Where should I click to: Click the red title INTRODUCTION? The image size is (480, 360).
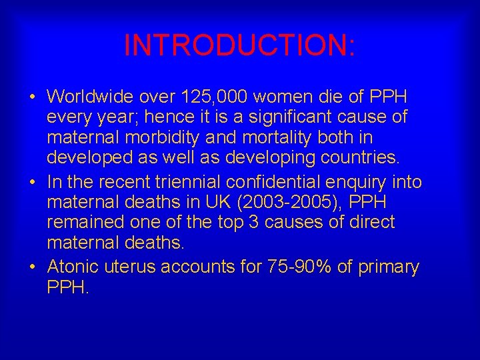(x=239, y=46)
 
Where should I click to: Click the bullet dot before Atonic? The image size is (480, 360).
(x=33, y=267)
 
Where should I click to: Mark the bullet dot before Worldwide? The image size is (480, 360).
(x=33, y=97)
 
